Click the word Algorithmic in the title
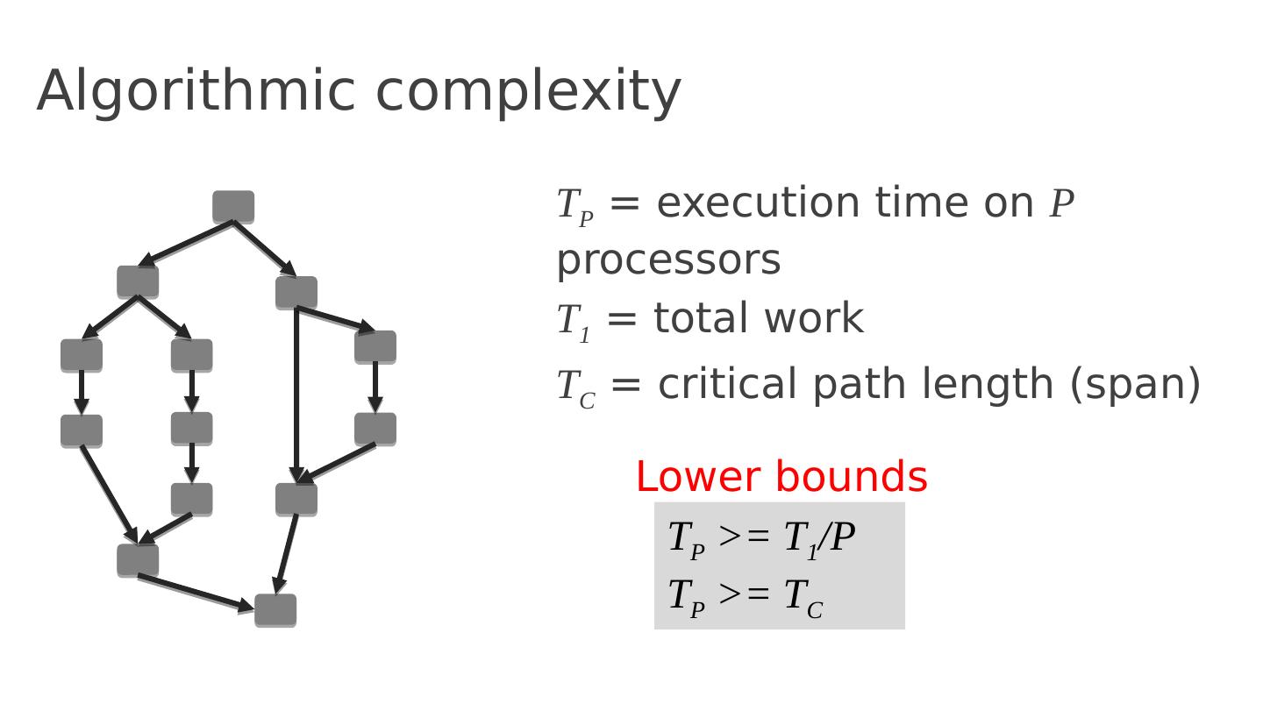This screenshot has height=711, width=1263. pyautogui.click(x=196, y=91)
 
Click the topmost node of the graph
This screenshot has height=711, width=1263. pyautogui.click(x=233, y=207)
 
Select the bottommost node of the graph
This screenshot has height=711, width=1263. pyautogui.click(x=275, y=610)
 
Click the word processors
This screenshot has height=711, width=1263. pyautogui.click(x=668, y=261)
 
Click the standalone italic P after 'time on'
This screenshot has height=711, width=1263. pyautogui.click(x=1061, y=204)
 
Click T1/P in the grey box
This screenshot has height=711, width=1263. pyautogui.click(x=819, y=537)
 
